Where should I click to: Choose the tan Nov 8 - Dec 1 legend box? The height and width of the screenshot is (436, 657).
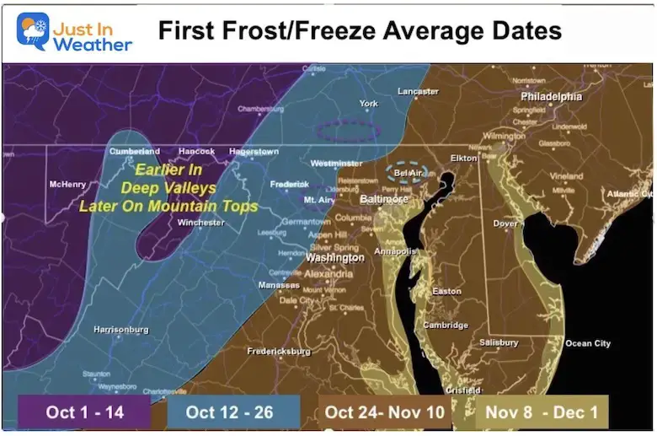click(x=541, y=412)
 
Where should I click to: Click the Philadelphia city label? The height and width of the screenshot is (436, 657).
click(x=551, y=97)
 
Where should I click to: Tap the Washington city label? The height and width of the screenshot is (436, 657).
click(x=334, y=257)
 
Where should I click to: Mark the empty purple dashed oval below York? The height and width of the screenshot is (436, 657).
click(x=348, y=131)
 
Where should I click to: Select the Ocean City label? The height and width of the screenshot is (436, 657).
click(x=588, y=343)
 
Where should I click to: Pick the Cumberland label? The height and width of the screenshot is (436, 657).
click(x=134, y=152)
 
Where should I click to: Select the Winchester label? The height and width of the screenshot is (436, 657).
click(x=200, y=223)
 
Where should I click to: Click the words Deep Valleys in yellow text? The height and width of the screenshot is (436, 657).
click(x=168, y=188)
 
